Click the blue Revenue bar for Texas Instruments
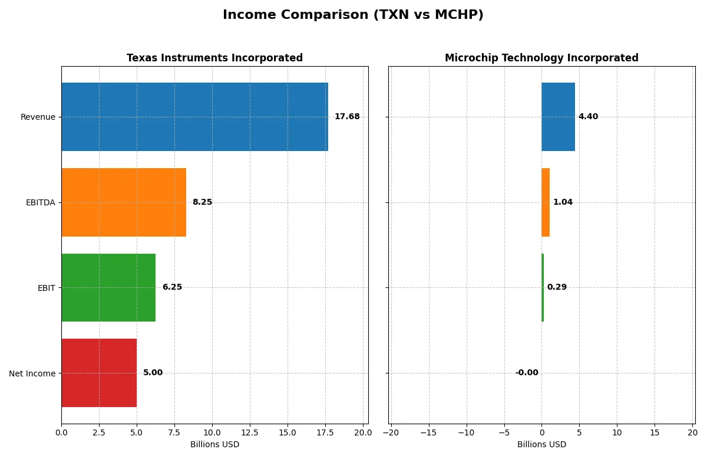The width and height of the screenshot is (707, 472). pos(194,117)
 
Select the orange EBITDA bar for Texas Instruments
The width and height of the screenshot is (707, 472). pos(124,202)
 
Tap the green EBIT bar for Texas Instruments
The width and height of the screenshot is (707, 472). pos(108,287)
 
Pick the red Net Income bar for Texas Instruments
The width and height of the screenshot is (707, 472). pos(99,373)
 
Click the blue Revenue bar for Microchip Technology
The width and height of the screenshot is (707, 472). pos(558,117)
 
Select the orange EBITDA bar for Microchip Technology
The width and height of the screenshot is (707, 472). pos(546,202)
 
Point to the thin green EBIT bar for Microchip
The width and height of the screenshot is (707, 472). pos(543,287)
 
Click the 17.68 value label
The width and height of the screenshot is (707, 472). pos(347,117)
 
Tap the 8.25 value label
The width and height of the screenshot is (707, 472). pos(202,202)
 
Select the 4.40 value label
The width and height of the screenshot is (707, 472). pos(588,117)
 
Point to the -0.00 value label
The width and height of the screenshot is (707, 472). pos(527,373)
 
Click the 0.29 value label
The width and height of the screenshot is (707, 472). pos(557,287)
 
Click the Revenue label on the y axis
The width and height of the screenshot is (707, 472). pos(38,117)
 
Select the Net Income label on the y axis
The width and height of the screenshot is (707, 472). pos(32,373)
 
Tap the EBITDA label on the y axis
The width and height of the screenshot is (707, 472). pos(41,202)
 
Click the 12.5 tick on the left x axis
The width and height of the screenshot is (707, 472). pos(250,432)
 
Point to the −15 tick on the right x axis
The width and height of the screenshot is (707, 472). pos(428,432)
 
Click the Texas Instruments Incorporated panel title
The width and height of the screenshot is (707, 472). pos(214,58)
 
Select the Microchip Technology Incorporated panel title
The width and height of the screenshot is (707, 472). pos(541,58)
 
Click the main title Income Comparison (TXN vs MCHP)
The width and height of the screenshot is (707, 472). pos(353,15)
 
